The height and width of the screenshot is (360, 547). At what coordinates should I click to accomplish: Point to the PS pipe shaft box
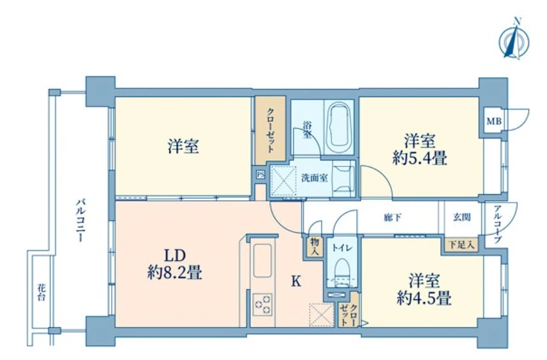(260, 175)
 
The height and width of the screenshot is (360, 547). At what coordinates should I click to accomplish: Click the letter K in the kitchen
(296, 281)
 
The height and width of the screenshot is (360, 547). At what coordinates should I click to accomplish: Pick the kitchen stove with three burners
(263, 303)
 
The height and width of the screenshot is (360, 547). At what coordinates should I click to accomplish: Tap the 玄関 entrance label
(462, 217)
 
